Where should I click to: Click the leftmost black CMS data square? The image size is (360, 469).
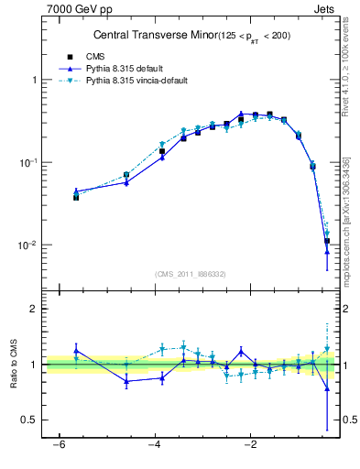pos(76,197)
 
